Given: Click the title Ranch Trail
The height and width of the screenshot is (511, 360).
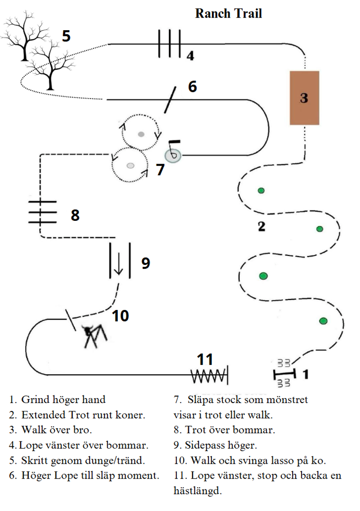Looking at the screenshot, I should click(x=228, y=13).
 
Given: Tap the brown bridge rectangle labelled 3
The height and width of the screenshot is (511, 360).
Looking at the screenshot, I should click(x=304, y=98).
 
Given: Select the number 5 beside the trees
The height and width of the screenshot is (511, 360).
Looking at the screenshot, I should click(x=66, y=36).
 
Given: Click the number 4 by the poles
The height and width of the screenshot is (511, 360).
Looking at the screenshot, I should click(x=190, y=56).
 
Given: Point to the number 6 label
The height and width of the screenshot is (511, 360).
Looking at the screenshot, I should click(x=192, y=86).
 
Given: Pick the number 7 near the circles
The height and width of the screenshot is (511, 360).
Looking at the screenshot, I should click(x=160, y=170).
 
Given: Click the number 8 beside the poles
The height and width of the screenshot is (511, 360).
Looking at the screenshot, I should click(x=75, y=215).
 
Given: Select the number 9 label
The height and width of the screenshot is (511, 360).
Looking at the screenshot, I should click(x=145, y=263).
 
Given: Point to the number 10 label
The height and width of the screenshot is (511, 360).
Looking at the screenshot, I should click(x=120, y=316).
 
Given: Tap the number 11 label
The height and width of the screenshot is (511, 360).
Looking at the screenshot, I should click(x=205, y=359).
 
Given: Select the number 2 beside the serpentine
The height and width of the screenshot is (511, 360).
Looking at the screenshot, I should click(x=261, y=226).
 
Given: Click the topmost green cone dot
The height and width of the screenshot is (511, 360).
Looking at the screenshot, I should click(x=261, y=191).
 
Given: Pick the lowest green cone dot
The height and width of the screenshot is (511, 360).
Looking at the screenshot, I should click(x=323, y=321).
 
